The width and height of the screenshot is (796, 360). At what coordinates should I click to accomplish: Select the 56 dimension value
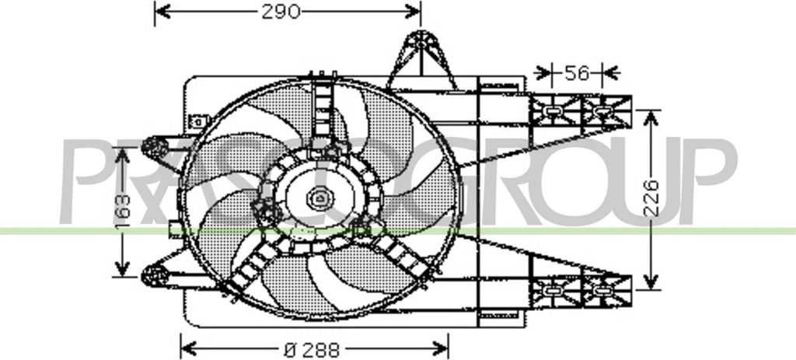576,73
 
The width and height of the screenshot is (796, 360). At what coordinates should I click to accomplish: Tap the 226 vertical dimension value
651,198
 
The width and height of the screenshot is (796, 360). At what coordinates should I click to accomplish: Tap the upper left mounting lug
158,147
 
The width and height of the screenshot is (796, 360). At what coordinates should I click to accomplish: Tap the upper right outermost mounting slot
604,113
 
